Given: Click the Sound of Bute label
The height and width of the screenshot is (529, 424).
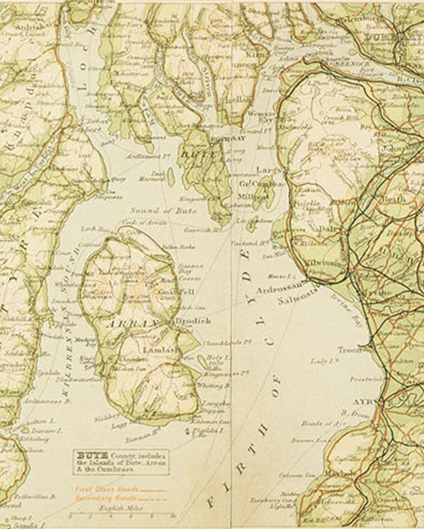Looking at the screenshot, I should click(155, 210).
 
